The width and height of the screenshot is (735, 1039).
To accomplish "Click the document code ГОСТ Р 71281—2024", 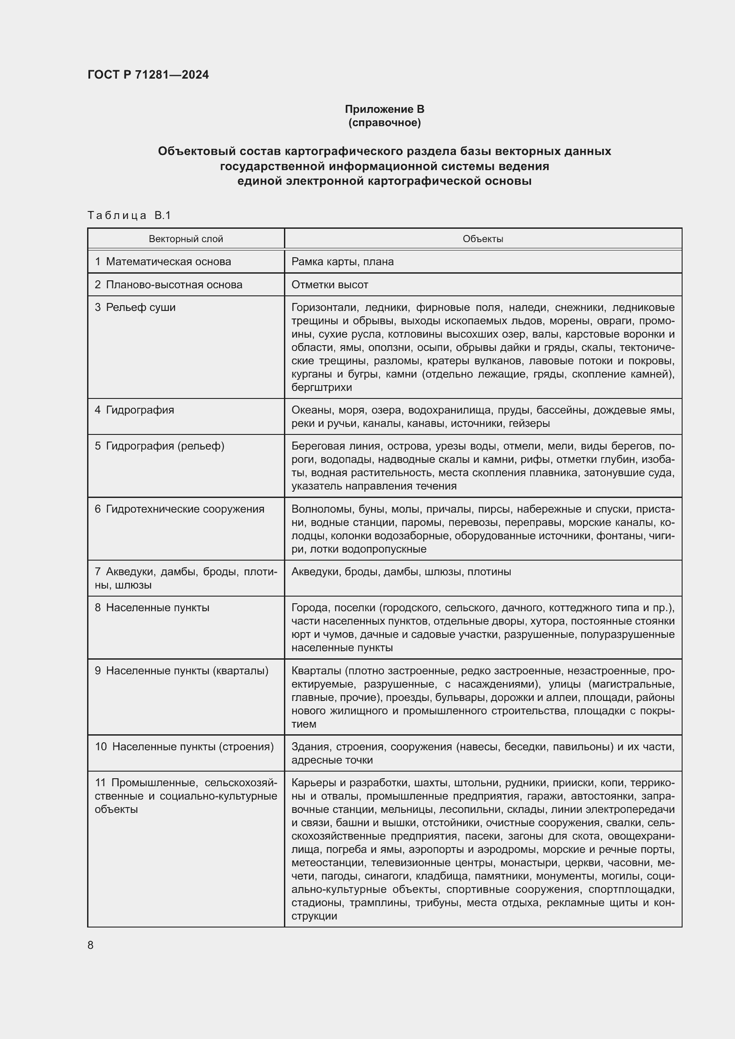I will pos(148,75).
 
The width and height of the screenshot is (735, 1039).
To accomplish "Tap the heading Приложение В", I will pos(384,109).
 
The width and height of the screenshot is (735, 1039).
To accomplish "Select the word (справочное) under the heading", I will pos(384,123).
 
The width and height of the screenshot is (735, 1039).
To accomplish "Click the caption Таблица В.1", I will pos(129,215).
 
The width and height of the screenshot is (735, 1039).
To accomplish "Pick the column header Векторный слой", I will pos(186,239).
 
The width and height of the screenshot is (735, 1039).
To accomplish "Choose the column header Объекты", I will pos(483,239).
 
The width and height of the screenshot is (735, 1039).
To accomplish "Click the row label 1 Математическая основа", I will pos(163,262).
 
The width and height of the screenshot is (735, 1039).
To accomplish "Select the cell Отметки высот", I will pos(329,285).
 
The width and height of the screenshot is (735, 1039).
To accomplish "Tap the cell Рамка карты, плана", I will pos(342,262).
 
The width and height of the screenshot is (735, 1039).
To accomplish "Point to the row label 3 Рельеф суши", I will pos(135,307).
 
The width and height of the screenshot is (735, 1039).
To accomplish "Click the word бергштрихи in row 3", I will pos(321,387).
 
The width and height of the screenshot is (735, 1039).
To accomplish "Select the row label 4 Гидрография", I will pos(134,410).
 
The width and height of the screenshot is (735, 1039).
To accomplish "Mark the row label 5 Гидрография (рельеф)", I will pos(160,446).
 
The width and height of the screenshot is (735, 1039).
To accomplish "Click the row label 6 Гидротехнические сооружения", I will pos(179,509).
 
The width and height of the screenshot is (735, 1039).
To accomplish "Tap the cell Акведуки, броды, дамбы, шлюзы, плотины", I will pos(401,572).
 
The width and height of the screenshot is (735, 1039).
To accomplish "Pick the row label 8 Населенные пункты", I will pos(152,608).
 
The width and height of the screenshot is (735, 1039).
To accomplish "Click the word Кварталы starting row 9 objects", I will pos(316,671).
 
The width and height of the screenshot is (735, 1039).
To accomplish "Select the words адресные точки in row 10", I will pos(332,760).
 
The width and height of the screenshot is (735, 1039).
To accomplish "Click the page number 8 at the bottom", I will pos(91,945).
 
